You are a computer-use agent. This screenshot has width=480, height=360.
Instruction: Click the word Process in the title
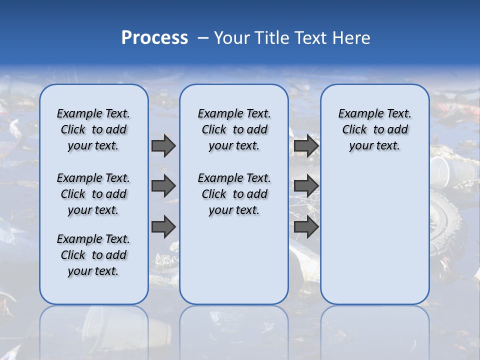[x=154, y=37]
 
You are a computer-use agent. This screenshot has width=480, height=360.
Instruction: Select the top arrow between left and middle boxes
[x=163, y=145]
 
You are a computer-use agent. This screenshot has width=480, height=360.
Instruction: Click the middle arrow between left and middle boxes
[x=163, y=186]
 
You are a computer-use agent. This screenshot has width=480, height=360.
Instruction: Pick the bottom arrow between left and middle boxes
[x=163, y=227]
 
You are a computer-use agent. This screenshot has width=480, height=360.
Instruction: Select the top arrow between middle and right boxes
[x=306, y=145]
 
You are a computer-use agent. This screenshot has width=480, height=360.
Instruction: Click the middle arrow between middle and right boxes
[x=306, y=186]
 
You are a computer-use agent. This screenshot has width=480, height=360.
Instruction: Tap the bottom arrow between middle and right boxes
[x=306, y=227]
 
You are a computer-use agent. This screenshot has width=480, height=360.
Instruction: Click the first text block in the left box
[x=93, y=129]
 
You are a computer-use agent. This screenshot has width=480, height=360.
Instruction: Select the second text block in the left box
[x=93, y=194]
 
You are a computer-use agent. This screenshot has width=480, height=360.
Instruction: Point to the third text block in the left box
[x=93, y=255]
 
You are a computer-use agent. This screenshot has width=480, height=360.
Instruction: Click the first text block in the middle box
[x=234, y=129]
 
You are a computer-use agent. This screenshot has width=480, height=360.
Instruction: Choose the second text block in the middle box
[x=234, y=194]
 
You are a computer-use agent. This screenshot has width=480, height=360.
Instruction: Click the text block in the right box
[x=374, y=129]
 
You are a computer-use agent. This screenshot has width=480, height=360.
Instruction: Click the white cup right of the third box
[x=440, y=169]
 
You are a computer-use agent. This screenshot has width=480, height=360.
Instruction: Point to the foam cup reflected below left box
[x=100, y=325]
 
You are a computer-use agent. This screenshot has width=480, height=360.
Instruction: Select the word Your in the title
[x=231, y=38]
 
